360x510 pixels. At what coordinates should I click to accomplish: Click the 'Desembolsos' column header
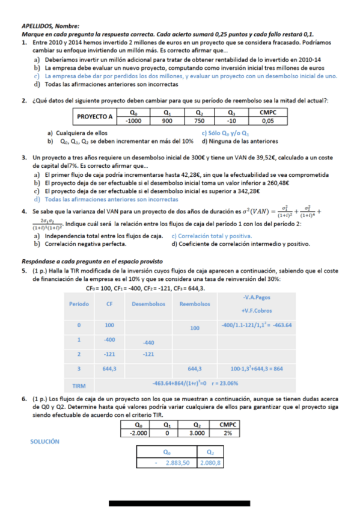[x=148, y=304]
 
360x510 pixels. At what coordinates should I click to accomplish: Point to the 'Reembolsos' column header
[x=194, y=304]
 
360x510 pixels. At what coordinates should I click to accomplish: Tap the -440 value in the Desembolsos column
[x=148, y=342]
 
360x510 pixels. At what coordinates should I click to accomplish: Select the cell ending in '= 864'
[x=257, y=368]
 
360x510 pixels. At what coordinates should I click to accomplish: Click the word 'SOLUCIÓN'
[x=45, y=441]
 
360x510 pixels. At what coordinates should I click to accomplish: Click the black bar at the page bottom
[x=179, y=502]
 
